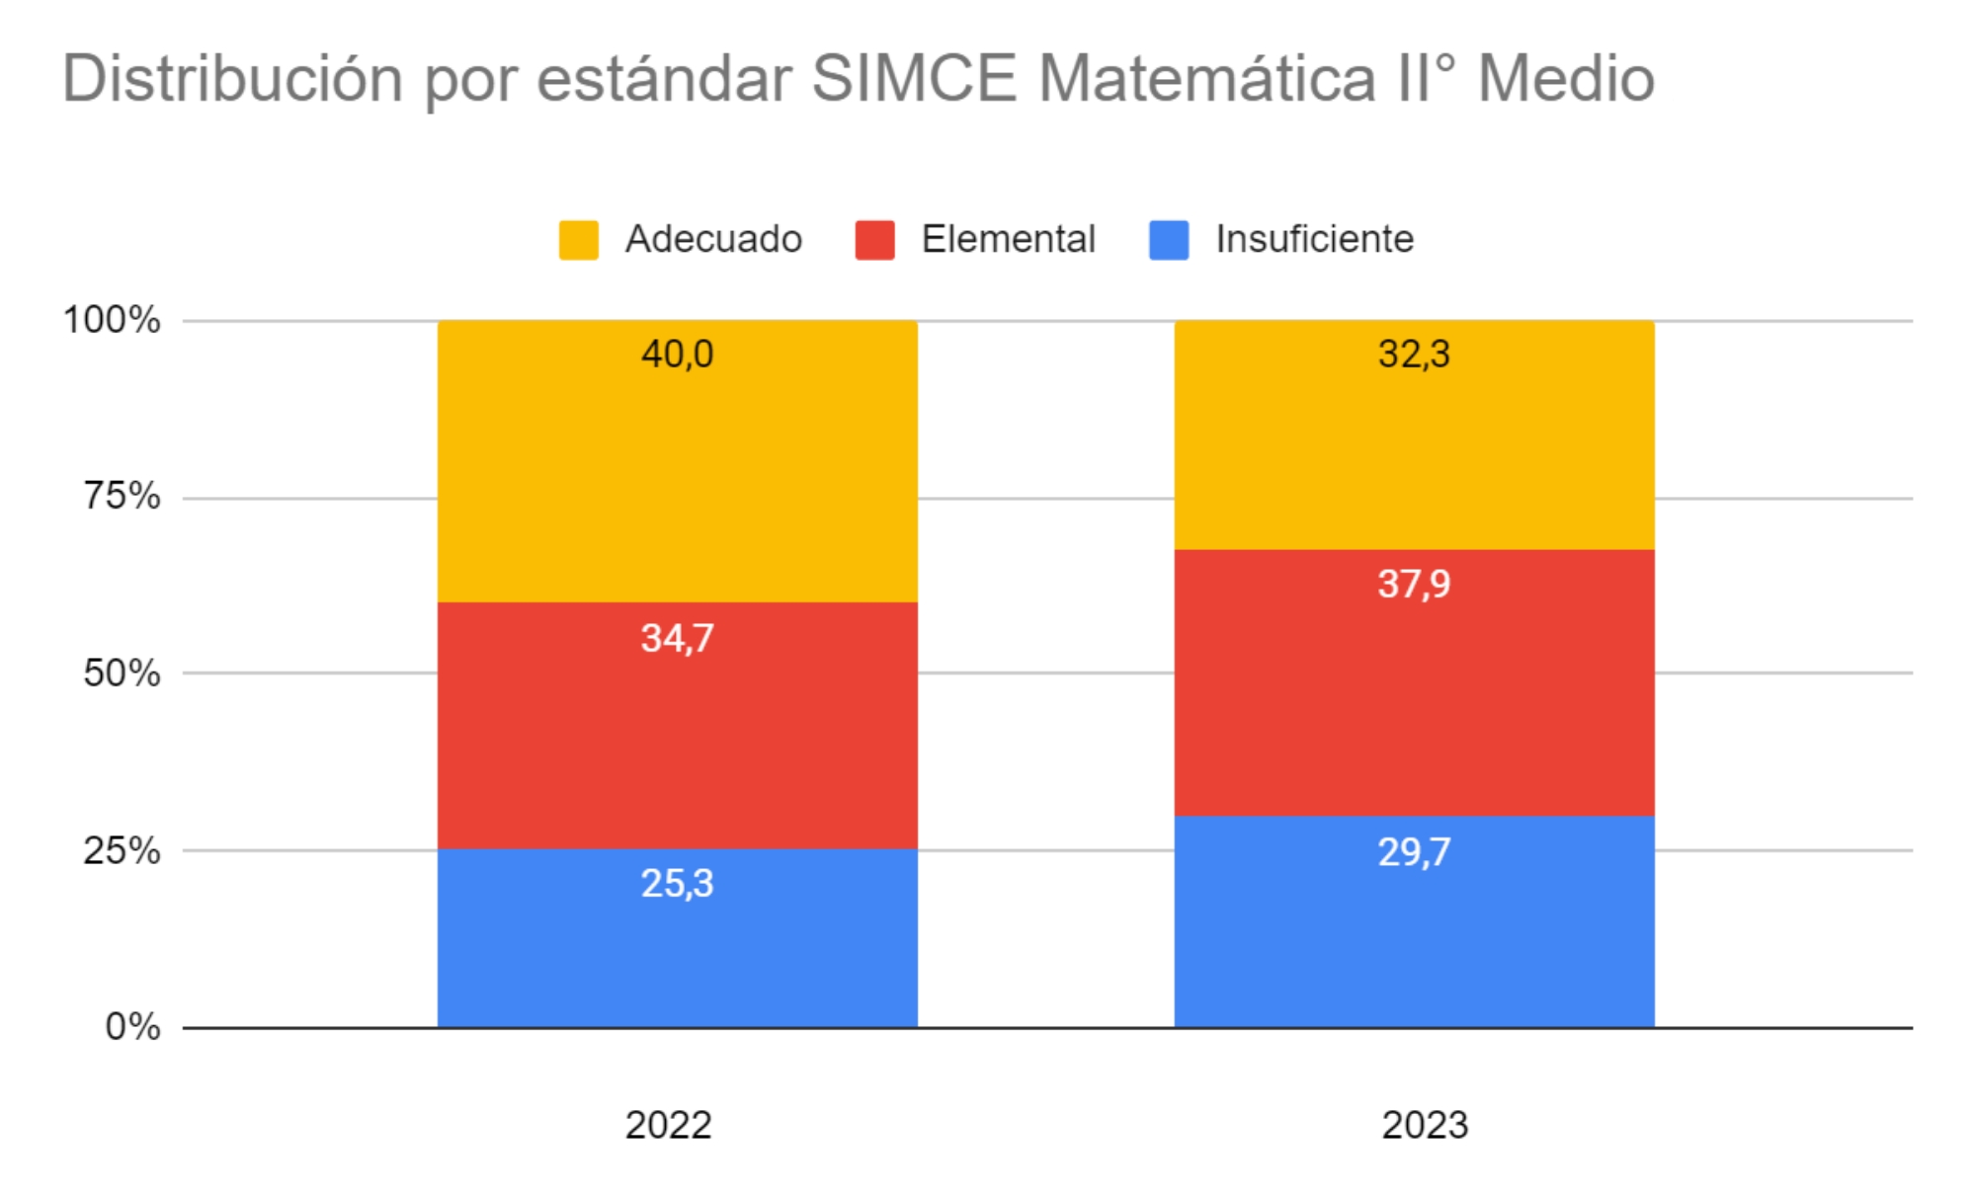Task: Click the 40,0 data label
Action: [677, 354]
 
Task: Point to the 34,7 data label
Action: [677, 638]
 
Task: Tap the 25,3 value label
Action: [677, 883]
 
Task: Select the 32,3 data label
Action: [1414, 354]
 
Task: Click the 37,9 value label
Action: [1414, 584]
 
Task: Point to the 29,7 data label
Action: [1414, 851]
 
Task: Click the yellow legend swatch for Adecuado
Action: [578, 240]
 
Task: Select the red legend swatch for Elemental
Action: [874, 240]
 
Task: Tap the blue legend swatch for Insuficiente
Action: [1169, 240]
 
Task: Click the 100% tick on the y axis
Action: [112, 320]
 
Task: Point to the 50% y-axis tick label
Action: [122, 674]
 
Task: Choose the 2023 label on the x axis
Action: [1424, 1125]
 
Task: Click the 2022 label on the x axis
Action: [668, 1125]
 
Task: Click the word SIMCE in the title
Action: [914, 78]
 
